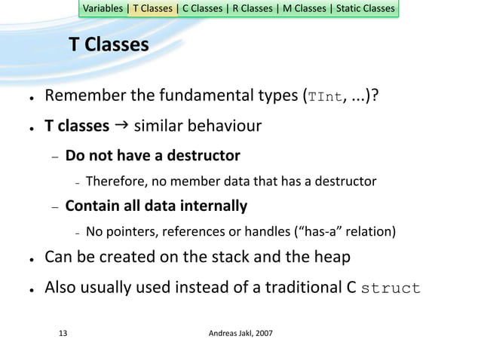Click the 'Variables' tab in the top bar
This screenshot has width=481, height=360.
[104, 9]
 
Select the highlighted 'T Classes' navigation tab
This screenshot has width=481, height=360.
[153, 9]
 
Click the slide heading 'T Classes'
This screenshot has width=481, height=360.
[109, 46]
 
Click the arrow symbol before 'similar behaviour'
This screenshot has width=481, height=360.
[121, 124]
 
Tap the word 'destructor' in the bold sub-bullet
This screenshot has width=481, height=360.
[205, 156]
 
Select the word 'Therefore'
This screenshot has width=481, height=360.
[113, 181]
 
